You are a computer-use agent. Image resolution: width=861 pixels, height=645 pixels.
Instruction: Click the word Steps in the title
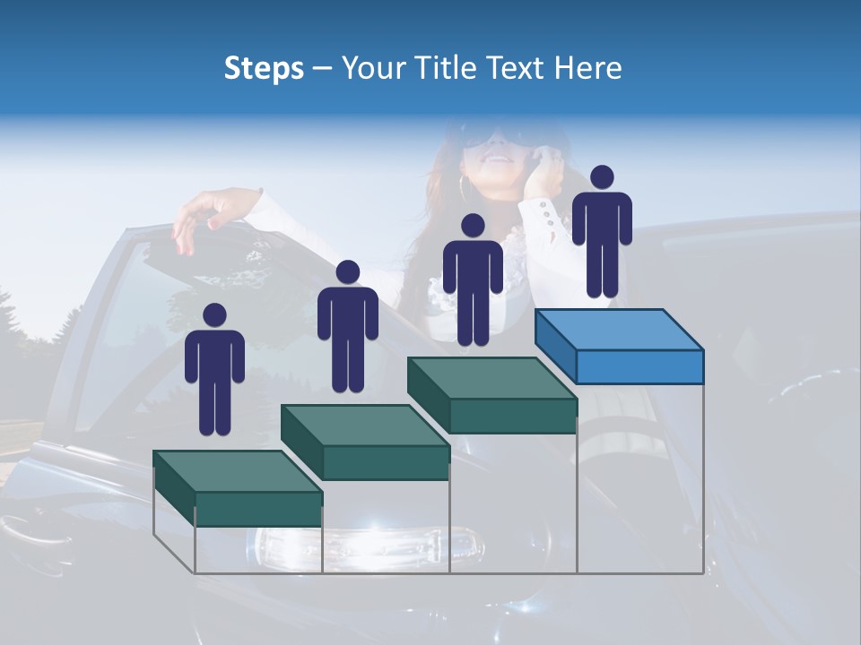[264, 68]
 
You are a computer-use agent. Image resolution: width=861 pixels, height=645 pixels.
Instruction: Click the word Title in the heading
[448, 68]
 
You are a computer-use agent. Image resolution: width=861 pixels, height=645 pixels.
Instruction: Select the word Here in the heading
[588, 68]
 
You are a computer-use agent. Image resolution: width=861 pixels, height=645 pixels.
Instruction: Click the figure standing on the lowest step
[214, 372]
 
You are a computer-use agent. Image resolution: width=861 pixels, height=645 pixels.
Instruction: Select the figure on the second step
[347, 328]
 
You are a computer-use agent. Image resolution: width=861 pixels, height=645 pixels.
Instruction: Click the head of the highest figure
[602, 177]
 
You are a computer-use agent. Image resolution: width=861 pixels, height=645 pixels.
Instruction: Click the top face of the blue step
[619, 330]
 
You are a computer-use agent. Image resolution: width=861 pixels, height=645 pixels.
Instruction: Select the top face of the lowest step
[238, 471]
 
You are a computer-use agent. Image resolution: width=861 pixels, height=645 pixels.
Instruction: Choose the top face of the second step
[365, 426]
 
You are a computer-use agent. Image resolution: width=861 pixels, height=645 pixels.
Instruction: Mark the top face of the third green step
[491, 378]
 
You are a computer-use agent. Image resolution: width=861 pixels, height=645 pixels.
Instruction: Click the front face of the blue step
[639, 365]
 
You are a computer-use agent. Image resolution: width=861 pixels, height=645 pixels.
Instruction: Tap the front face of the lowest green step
[258, 509]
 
